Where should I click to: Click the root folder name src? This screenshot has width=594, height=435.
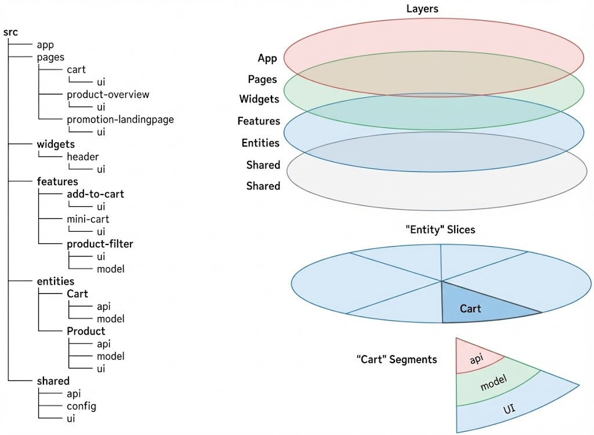[10, 32]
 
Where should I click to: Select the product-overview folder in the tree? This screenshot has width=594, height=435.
[108, 94]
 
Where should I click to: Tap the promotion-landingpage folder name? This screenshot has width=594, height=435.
[120, 119]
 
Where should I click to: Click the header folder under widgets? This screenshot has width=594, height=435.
[82, 157]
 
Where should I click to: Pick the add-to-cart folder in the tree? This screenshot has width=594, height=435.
[95, 194]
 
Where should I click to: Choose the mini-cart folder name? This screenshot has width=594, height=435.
[88, 219]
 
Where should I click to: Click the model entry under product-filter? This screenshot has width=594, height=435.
[111, 269]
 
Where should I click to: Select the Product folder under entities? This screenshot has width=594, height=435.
[86, 331]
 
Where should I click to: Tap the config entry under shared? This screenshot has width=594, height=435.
[81, 405]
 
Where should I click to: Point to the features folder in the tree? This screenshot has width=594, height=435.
[57, 182]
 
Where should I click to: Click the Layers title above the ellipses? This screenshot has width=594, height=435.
[422, 9]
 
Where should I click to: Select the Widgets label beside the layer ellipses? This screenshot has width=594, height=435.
[259, 99]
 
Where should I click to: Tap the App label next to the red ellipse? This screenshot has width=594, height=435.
[267, 59]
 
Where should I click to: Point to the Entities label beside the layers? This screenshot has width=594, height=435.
[260, 143]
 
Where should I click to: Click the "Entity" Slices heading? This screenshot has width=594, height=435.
[440, 230]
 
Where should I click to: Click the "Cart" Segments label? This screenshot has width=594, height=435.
[396, 360]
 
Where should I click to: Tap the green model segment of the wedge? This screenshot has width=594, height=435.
[494, 383]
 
